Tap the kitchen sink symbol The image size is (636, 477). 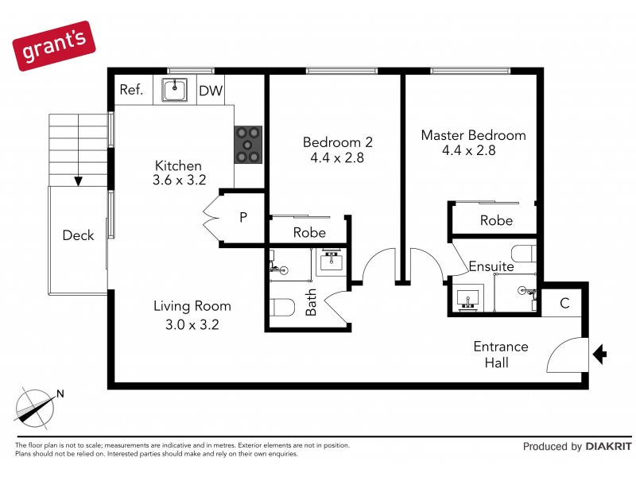point(174,90)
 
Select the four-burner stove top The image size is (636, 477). point(248,145)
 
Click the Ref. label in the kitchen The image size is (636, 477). point(131,90)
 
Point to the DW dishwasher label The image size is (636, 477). point(211,91)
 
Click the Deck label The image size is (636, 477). point(78,235)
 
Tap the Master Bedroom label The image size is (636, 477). point(473,135)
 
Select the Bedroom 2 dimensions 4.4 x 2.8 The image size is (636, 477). point(337,157)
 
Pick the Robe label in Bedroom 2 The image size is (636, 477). point(309,232)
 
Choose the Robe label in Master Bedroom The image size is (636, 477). point(496,220)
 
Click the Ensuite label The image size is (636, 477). point(491,266)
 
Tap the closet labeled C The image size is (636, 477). point(564,302)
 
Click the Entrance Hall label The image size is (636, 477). point(500,355)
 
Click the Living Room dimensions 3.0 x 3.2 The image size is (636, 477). point(192,324)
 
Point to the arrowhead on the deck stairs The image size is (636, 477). point(78,180)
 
